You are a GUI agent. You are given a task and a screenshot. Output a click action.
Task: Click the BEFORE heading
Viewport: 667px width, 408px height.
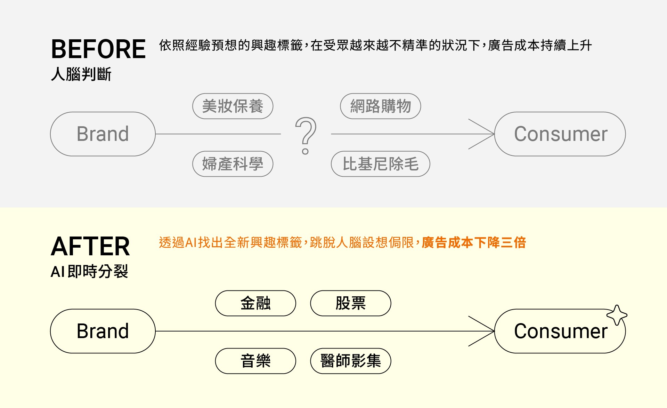point(98,49)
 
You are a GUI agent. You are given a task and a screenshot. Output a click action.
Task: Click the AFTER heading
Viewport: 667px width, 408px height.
point(90,246)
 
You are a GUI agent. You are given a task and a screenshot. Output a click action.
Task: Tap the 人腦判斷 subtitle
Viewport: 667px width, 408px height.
point(81,74)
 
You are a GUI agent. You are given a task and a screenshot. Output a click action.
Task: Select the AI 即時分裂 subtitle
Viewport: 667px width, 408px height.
point(89,271)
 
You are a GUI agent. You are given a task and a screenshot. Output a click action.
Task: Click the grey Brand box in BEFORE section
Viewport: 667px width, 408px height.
point(103,134)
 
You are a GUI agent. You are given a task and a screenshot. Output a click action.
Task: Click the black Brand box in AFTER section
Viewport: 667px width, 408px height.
point(103,331)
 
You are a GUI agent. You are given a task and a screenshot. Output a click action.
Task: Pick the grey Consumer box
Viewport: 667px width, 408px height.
point(560,134)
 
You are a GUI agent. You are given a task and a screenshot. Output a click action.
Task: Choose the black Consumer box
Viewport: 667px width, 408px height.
point(560,331)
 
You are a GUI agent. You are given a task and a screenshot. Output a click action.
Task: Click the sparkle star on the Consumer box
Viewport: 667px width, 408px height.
point(617,315)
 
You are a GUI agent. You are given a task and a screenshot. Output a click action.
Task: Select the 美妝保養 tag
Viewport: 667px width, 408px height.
point(233,106)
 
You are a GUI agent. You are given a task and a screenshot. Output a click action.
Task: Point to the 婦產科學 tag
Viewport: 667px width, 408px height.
point(233,164)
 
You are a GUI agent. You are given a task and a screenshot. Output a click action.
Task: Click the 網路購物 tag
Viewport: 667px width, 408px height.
point(380,106)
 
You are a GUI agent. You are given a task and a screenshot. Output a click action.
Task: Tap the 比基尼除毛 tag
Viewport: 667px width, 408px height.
point(380,164)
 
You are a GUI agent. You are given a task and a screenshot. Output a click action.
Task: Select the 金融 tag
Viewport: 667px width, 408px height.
point(255,303)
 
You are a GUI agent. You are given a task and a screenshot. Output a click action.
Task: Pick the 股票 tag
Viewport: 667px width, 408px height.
point(350,303)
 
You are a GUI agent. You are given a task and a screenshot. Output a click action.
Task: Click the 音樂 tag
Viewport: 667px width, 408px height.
point(255,361)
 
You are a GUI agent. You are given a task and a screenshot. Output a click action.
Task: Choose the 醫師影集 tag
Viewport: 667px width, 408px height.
point(350,361)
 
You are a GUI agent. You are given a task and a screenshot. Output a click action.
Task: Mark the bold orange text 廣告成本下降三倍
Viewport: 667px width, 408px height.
point(474,242)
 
